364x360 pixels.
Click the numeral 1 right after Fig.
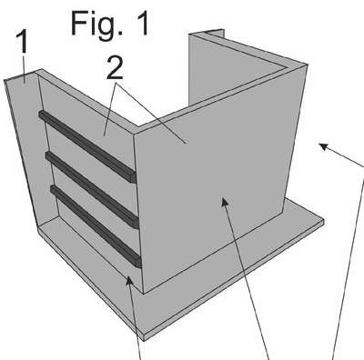(140, 23)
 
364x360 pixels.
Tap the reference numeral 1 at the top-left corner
(22, 43)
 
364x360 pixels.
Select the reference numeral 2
(115, 69)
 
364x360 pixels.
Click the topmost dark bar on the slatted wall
(87, 146)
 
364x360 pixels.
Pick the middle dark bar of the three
(93, 190)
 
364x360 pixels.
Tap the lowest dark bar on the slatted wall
(96, 226)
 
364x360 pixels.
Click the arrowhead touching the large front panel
(225, 203)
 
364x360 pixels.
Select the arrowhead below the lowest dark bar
(130, 281)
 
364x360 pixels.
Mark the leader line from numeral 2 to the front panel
(152, 114)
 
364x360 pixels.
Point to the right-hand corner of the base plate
(324, 221)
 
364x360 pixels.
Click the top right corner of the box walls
(308, 65)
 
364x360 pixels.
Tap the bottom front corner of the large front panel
(143, 294)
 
